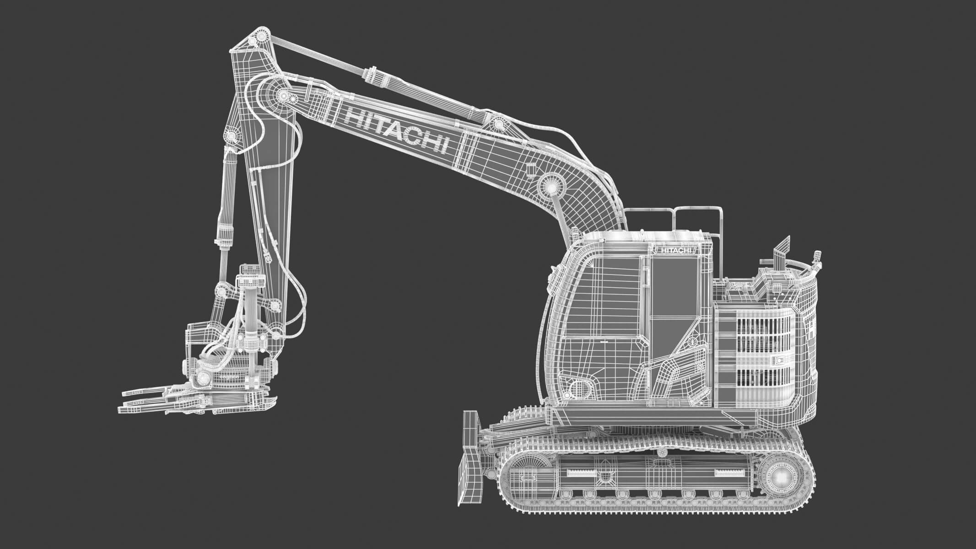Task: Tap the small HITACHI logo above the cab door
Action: click(x=674, y=251)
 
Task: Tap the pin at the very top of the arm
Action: click(x=259, y=38)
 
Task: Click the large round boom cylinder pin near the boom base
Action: click(x=549, y=185)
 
